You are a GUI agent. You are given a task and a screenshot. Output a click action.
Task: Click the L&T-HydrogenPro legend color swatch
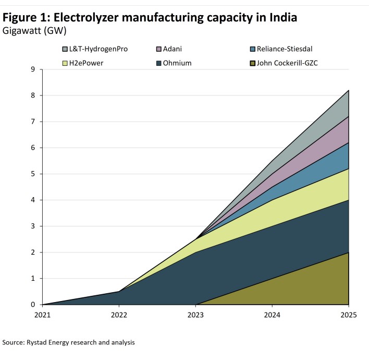[65, 49]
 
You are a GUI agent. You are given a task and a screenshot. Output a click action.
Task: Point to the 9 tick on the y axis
[33, 69]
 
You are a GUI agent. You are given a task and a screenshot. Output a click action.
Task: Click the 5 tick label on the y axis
[33, 174]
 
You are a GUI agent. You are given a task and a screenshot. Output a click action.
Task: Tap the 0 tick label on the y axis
[33, 305]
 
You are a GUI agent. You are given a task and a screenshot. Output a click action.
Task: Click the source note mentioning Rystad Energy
[69, 343]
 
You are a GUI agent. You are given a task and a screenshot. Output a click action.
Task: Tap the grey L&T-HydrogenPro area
[334, 112]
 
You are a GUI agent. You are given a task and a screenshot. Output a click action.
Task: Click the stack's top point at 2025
[349, 90]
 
